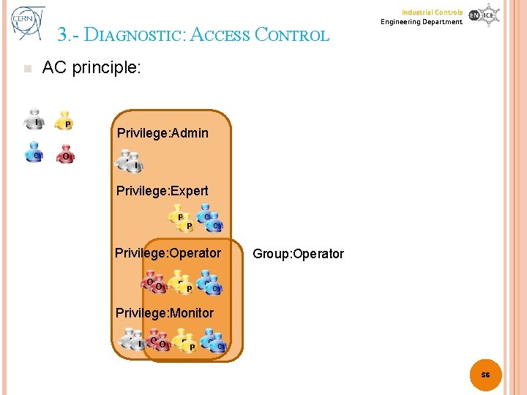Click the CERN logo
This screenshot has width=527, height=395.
[x=28, y=23]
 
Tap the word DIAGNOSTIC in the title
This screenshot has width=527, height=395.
[x=135, y=35]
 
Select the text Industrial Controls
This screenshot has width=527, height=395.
[x=432, y=12]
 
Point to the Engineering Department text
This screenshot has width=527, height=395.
[x=422, y=22]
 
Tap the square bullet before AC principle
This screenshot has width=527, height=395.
[x=27, y=69]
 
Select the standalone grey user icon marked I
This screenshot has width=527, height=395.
[x=34, y=119]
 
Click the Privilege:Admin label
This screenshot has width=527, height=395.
[x=162, y=133]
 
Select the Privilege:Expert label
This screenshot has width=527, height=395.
[x=162, y=191]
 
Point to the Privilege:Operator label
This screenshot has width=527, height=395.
[x=168, y=253]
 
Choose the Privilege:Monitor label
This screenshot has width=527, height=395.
[x=165, y=313]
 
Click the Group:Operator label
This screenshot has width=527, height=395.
[x=298, y=254]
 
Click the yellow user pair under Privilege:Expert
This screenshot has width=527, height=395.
[x=181, y=219]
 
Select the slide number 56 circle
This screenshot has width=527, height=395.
[x=485, y=375]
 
